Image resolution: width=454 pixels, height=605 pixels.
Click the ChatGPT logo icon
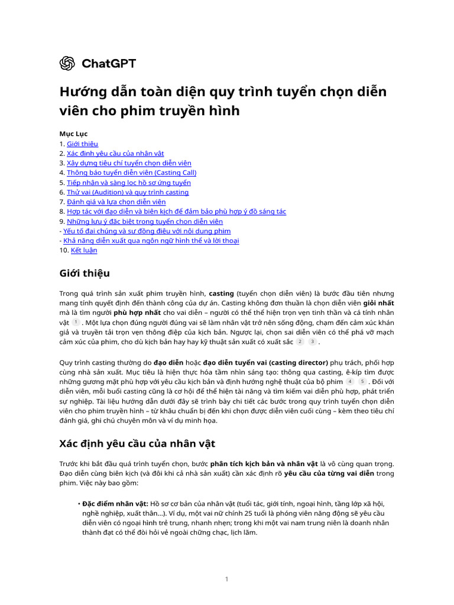(x=67, y=63)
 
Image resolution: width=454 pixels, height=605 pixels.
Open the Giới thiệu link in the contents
(x=82, y=144)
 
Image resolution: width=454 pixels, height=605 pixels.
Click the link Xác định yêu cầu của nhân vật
(x=115, y=153)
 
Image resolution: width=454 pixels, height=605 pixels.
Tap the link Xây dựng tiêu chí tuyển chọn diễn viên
(x=129, y=163)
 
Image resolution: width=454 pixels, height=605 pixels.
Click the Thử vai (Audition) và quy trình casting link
(x=128, y=192)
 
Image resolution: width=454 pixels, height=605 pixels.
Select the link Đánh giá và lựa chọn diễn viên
(x=116, y=201)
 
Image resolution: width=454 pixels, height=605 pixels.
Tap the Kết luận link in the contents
(x=84, y=250)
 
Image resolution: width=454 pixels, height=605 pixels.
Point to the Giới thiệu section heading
(x=85, y=273)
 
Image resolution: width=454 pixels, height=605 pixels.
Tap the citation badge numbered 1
(x=76, y=322)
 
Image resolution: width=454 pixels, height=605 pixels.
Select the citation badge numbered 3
(x=313, y=341)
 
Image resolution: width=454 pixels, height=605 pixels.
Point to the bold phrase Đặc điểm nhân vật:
(x=116, y=503)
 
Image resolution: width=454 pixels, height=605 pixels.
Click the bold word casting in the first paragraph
(x=222, y=293)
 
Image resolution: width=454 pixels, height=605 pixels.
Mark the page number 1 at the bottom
(x=227, y=579)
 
